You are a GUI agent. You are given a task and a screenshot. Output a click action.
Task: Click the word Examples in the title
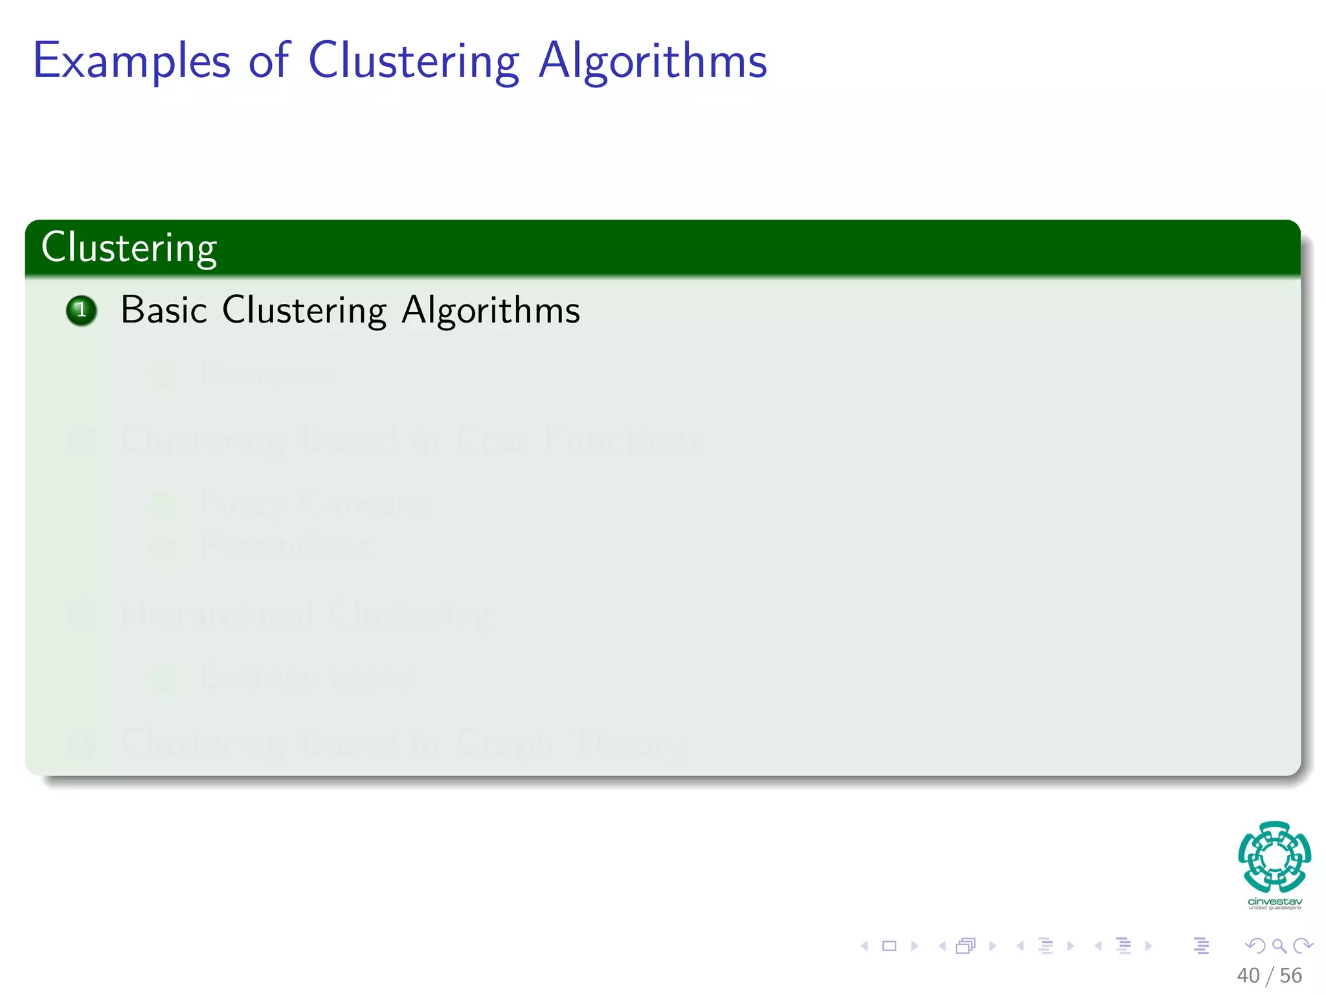pos(131,62)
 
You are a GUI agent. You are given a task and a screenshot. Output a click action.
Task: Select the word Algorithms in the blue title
pos(653,62)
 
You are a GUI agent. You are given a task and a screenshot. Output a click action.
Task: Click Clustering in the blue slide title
pos(413,62)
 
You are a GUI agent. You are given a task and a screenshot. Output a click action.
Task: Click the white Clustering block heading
pos(129,248)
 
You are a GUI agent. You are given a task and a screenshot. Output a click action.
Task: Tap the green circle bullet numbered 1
pos(82,310)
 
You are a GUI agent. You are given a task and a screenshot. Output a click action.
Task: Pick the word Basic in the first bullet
pos(163,310)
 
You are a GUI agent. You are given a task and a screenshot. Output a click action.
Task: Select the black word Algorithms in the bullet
pos(490,310)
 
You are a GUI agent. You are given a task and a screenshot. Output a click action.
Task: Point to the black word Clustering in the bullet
pos(304,310)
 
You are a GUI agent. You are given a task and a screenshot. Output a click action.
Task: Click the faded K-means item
pos(265,374)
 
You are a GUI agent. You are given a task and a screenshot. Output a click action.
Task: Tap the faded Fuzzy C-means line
pos(314,503)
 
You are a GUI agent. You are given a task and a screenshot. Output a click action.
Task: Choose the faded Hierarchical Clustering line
pos(308,613)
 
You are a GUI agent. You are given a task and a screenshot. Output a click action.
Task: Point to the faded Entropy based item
pos(307,677)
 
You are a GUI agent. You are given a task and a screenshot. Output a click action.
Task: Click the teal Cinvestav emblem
pos(1274,856)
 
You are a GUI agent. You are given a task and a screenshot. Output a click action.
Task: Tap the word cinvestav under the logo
pos(1274,902)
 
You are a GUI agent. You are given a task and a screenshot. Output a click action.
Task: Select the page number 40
pos(1248,976)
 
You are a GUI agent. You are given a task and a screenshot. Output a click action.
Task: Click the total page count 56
pos(1290,976)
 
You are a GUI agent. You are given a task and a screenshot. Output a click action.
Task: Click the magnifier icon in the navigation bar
pos(1279,946)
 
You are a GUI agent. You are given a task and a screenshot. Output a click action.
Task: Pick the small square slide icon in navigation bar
pos(889,946)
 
